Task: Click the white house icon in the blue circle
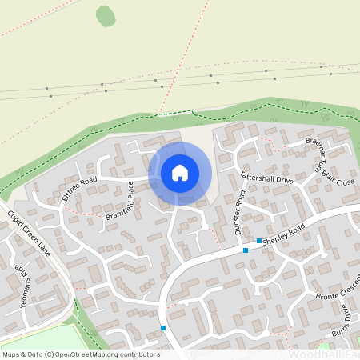pos(180,173)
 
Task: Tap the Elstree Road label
pos(79,190)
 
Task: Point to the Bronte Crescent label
pos(339,291)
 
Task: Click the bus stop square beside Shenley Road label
pos(259,240)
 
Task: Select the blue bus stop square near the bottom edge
pos(163,327)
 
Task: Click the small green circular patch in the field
pos(106,15)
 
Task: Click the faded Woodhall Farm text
pos(323,354)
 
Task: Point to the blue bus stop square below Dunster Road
pos(245,250)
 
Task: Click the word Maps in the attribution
pos(11,354)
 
